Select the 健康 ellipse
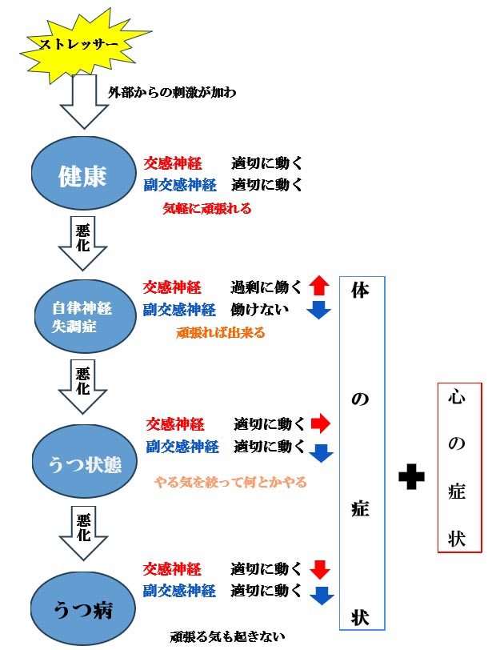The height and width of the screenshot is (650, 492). point(84,173)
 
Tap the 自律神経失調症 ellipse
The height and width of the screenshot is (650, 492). point(84,316)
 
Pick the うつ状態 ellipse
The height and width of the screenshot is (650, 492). point(85,461)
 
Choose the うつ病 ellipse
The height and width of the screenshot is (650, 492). point(83,609)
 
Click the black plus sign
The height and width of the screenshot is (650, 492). point(411,477)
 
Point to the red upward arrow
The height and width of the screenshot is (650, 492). point(319,285)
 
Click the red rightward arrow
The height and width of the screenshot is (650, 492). point(320,423)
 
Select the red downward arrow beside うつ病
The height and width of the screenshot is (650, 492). point(320,570)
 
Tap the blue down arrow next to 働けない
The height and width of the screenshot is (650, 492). point(318,310)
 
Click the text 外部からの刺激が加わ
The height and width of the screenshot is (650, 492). point(172,92)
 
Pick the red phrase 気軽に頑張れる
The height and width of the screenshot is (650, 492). point(207,208)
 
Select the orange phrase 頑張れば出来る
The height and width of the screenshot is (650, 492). point(220,332)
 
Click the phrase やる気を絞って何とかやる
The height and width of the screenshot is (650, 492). point(230,482)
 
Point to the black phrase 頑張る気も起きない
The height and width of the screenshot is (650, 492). point(227,636)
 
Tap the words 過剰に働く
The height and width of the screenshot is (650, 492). point(266,287)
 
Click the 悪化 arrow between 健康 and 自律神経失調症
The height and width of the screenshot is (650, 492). point(83,243)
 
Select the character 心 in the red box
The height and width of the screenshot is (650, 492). point(456,397)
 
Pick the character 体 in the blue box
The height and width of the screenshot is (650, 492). point(360,290)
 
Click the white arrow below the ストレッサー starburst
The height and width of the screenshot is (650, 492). point(85,102)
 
